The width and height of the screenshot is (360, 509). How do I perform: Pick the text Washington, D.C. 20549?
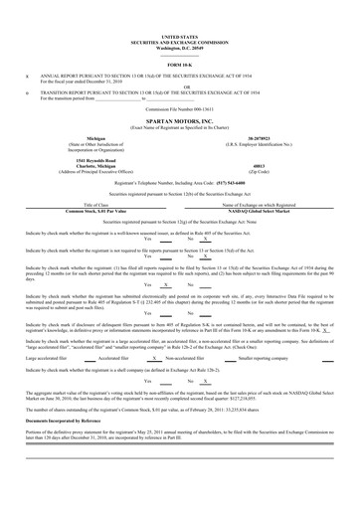click(179, 47)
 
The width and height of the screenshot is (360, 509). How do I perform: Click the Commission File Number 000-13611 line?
click(179, 106)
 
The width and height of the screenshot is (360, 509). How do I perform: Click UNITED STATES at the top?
click(179, 37)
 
